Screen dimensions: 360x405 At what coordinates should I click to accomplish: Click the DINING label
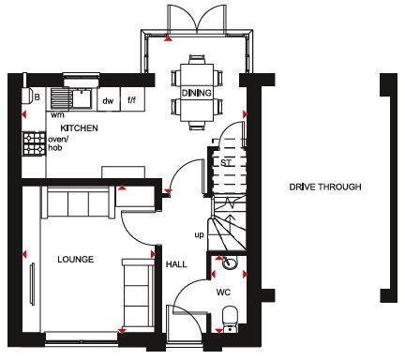coord(196,93)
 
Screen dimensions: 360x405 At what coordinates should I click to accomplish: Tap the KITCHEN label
coord(80,127)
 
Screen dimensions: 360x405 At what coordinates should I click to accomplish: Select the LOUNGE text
coord(74,259)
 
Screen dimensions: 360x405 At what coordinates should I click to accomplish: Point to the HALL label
coord(176,265)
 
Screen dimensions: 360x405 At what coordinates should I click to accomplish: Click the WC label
coord(223,292)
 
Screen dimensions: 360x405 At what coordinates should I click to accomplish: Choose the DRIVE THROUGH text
coord(325,187)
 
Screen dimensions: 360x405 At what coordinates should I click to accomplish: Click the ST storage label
coord(226,161)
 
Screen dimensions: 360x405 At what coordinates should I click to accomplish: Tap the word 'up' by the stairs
coord(198,234)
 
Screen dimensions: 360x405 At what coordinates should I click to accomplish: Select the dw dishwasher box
coord(108,99)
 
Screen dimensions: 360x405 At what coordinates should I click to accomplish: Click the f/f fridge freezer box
coord(131,99)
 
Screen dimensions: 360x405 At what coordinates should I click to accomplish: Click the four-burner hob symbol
coord(35,142)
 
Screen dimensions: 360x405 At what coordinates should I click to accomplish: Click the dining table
coord(196,92)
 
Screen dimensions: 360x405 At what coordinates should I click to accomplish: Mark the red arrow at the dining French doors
coord(167,40)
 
